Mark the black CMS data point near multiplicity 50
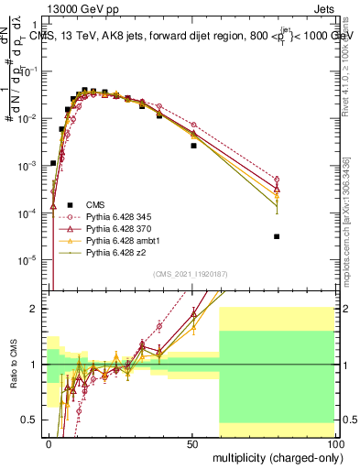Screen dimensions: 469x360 (193, 146)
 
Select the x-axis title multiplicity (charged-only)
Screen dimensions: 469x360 (272, 455)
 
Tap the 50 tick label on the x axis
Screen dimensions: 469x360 (191, 442)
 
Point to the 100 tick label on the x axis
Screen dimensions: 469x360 (333, 442)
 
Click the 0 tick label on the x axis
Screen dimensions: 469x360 (49, 442)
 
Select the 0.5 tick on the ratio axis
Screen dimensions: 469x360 (32, 420)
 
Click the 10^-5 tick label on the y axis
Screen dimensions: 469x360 (28, 260)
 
